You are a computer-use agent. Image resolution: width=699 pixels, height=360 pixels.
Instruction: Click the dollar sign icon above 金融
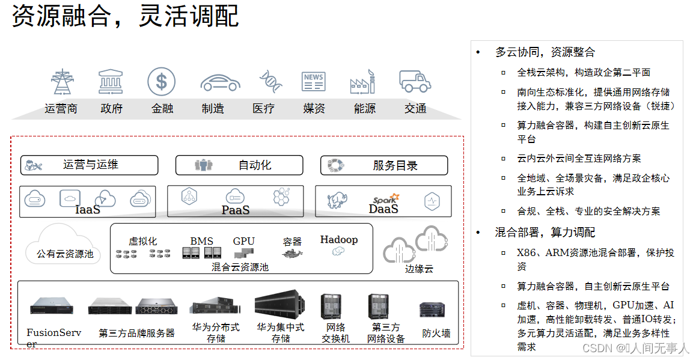[x=162, y=81]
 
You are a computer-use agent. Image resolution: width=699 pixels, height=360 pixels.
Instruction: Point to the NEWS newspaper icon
[x=314, y=82]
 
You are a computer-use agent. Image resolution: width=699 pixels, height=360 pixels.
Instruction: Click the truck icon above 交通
[x=415, y=81]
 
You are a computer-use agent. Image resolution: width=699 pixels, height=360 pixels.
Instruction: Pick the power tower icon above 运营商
[x=61, y=82]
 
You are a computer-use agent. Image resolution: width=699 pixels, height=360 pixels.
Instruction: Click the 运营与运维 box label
[x=91, y=165]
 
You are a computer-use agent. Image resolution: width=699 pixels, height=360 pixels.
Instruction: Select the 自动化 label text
[x=255, y=165]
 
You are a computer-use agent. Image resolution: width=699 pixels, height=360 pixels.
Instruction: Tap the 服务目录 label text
[x=395, y=165]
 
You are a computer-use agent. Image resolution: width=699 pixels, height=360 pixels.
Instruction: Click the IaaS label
[x=88, y=210]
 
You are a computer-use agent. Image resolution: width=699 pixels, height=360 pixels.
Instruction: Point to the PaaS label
[x=236, y=210]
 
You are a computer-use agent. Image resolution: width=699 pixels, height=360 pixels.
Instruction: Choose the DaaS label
[x=383, y=209]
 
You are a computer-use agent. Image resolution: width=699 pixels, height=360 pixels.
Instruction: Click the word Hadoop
[x=339, y=239]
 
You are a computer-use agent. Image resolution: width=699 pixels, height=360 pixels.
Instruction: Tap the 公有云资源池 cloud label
[x=61, y=254]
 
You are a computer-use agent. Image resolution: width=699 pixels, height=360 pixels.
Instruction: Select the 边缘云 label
[x=419, y=269]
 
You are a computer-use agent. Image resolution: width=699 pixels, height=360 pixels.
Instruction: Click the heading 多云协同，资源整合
[x=545, y=52]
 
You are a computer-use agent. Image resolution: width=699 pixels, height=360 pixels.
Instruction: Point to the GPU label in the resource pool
[x=244, y=241]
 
